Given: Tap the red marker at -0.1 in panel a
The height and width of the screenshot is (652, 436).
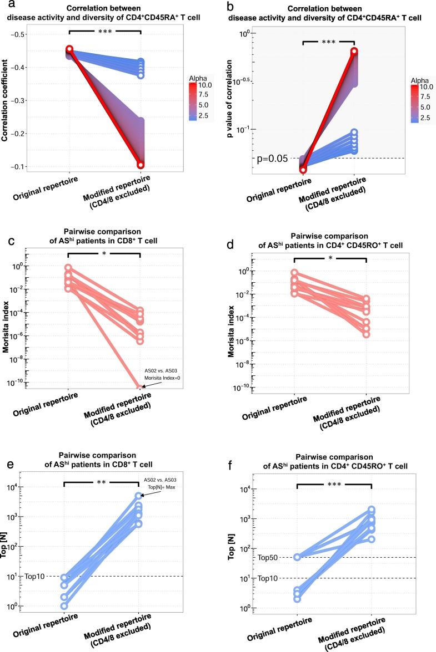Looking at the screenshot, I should pyautogui.click(x=141, y=165).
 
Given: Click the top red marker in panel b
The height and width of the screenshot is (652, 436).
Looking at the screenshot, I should pyautogui.click(x=354, y=52).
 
